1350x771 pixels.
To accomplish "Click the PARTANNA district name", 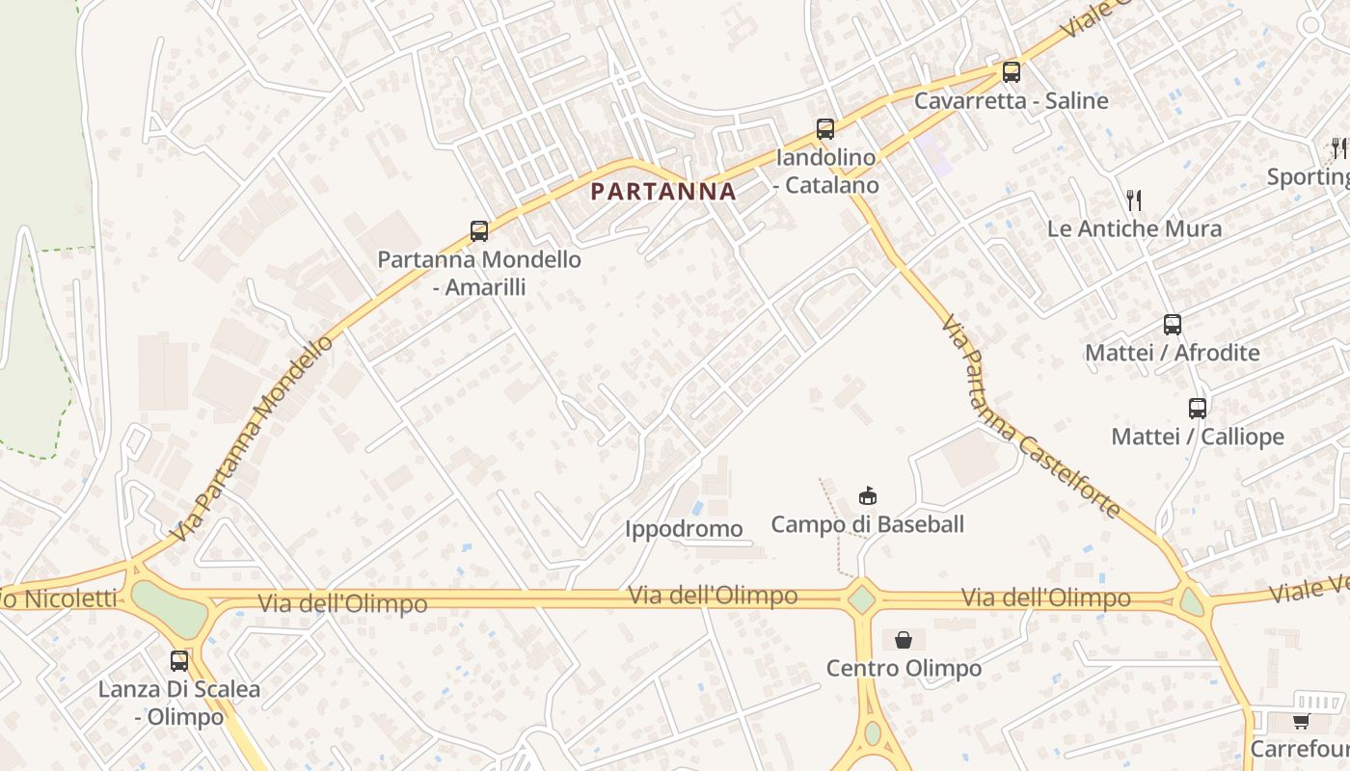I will click(x=663, y=191).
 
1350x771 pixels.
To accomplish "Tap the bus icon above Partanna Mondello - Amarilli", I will click(x=479, y=231).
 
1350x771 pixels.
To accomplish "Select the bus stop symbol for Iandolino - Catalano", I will click(x=824, y=129).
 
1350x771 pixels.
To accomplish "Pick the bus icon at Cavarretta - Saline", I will click(x=1011, y=72).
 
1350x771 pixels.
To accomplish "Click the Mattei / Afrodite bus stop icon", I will click(x=1173, y=325).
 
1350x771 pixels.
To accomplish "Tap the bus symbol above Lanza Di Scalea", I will click(x=179, y=661).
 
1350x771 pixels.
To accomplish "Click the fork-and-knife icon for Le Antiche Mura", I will click(x=1134, y=200).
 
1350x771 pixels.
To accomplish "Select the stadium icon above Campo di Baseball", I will click(x=868, y=496).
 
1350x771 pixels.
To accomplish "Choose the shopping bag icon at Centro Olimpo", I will click(x=904, y=640).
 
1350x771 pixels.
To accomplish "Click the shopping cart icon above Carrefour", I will click(x=1301, y=721).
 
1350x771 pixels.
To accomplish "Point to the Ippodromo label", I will click(x=684, y=528).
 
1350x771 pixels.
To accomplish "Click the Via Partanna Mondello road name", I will click(x=253, y=438).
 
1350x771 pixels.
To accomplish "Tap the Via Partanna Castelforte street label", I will click(x=1030, y=416).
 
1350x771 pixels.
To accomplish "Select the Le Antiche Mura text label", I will click(x=1134, y=229).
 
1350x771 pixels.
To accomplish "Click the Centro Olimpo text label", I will click(x=904, y=669).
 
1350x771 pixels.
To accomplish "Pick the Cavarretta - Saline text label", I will click(x=1011, y=101).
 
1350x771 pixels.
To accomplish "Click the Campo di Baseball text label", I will click(x=867, y=525).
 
